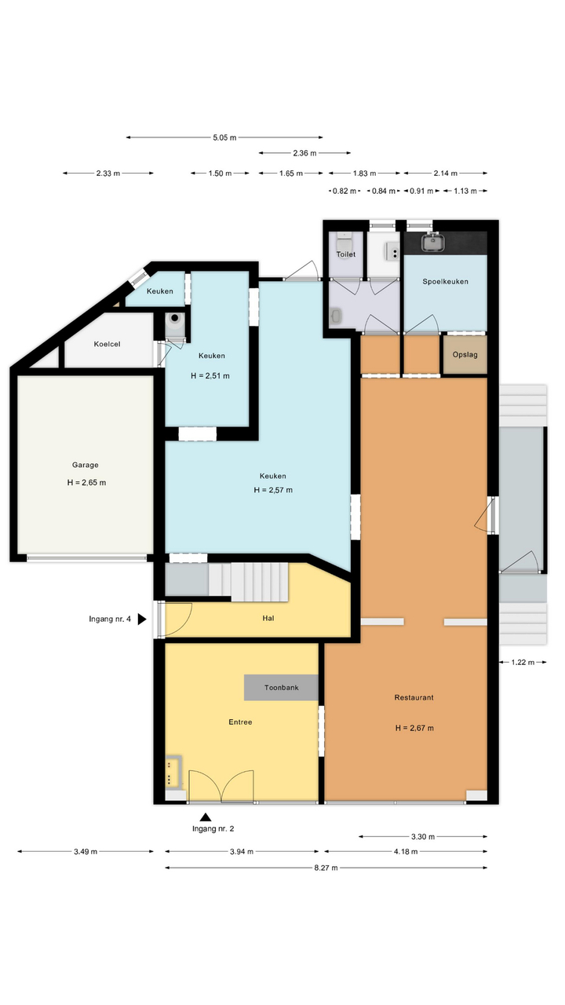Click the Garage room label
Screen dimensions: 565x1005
click(86, 465)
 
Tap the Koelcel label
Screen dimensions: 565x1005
click(108, 344)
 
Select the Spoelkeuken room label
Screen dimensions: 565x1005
click(445, 282)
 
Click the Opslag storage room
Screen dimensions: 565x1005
click(465, 354)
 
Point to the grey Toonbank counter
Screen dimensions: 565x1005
click(281, 687)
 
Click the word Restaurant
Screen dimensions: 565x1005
click(414, 697)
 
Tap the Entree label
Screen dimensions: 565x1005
click(240, 722)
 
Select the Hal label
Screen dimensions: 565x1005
click(268, 618)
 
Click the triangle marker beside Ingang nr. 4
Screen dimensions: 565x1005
click(142, 619)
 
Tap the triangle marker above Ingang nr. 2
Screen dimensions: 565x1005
click(206, 817)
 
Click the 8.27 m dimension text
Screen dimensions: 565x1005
click(326, 868)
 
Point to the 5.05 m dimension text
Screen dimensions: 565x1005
click(224, 137)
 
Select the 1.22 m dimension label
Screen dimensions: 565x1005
click(523, 662)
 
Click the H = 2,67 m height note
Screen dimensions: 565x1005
click(414, 728)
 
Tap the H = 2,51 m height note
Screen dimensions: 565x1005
click(210, 376)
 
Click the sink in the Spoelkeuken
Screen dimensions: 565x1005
click(432, 241)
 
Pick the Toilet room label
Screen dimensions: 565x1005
click(346, 254)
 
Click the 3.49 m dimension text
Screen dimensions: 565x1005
click(86, 852)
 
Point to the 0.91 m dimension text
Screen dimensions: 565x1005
click(421, 191)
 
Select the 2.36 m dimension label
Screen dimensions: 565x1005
click(305, 153)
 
